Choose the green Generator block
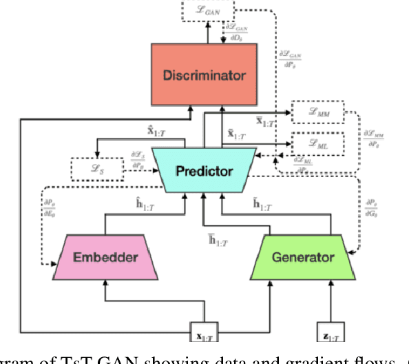tap(303, 257)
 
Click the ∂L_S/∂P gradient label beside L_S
tap(138, 161)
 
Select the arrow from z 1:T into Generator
tap(333, 301)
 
